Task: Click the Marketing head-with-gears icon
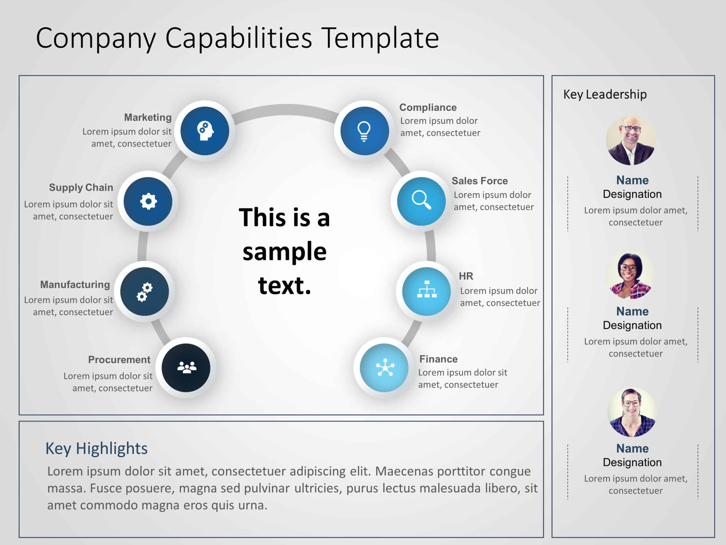[205, 131]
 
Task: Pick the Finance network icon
[385, 367]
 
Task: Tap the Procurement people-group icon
[186, 367]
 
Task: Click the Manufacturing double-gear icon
[144, 292]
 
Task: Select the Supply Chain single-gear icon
[148, 201]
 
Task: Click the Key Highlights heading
[96, 448]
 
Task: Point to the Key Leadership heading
[605, 94]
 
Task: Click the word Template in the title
[380, 38]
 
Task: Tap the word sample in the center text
[284, 252]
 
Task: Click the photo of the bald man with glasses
[630, 140]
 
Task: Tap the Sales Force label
[480, 181]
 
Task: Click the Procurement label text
[119, 359]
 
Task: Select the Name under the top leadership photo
[632, 180]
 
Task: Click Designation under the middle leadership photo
[632, 325]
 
